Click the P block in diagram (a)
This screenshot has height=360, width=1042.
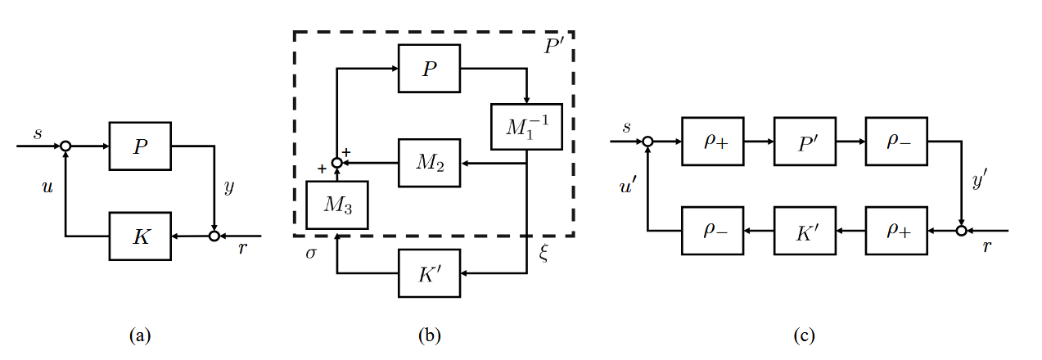click(x=140, y=146)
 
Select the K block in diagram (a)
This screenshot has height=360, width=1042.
click(x=140, y=236)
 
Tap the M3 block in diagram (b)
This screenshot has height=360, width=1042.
click(x=336, y=205)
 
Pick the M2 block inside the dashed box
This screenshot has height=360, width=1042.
click(x=430, y=163)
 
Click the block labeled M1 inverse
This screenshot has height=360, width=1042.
click(x=526, y=127)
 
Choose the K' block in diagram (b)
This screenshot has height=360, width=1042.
click(x=430, y=272)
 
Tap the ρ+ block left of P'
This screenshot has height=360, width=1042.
click(x=713, y=141)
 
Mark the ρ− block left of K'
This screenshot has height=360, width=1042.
click(x=713, y=232)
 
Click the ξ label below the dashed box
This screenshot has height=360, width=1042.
click(x=544, y=253)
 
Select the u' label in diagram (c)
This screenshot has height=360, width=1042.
click(x=629, y=187)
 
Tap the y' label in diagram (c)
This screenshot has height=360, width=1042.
click(x=980, y=183)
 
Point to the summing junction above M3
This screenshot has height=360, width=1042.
click(x=336, y=163)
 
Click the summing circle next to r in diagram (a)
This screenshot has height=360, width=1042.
click(x=214, y=236)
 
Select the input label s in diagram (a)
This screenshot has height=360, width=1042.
click(x=38, y=131)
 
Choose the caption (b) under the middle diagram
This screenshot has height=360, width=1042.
click(x=428, y=335)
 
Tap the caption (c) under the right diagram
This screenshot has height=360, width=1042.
click(x=804, y=335)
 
